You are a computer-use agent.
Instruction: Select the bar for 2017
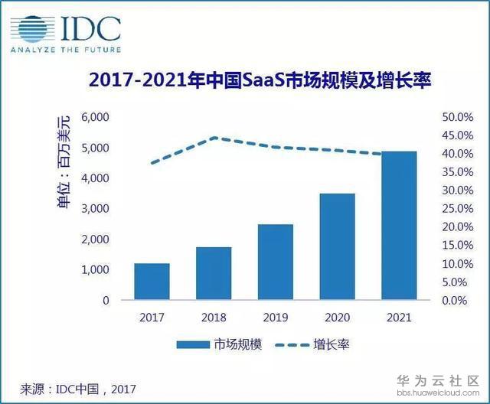(x=152, y=282)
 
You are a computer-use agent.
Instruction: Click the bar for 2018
(x=214, y=273)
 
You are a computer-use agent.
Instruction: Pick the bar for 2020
(x=337, y=246)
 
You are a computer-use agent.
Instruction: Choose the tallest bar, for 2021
(x=398, y=226)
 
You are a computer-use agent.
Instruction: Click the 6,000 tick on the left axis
(x=95, y=117)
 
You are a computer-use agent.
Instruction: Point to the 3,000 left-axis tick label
(x=95, y=209)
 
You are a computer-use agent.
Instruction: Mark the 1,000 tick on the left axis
(x=95, y=270)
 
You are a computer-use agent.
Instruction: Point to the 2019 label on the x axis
(x=275, y=317)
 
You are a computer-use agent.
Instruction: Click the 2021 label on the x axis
(x=398, y=317)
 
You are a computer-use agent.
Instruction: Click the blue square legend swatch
(x=198, y=344)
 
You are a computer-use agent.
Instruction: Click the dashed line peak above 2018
(x=214, y=138)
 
